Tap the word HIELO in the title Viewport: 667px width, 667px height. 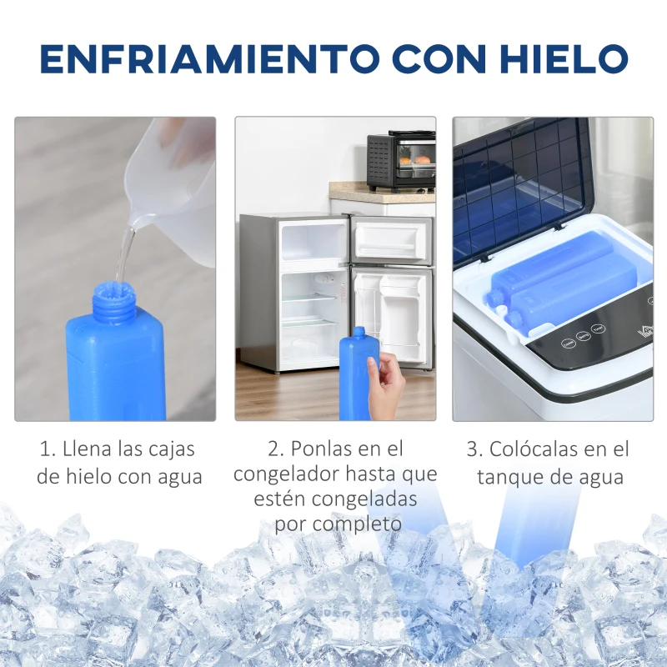coord(564,58)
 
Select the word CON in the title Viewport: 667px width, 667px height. coord(439,58)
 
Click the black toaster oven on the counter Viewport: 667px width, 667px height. coord(401,161)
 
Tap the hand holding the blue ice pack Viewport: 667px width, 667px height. coord(386,385)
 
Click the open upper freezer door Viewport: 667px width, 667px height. coord(392,241)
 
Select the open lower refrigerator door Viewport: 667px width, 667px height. coord(392,317)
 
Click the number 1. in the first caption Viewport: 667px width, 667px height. coord(48,449)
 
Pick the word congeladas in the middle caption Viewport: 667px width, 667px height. coord(364,499)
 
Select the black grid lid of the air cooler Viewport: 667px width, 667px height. coord(521,187)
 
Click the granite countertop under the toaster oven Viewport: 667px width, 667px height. coord(382,193)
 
